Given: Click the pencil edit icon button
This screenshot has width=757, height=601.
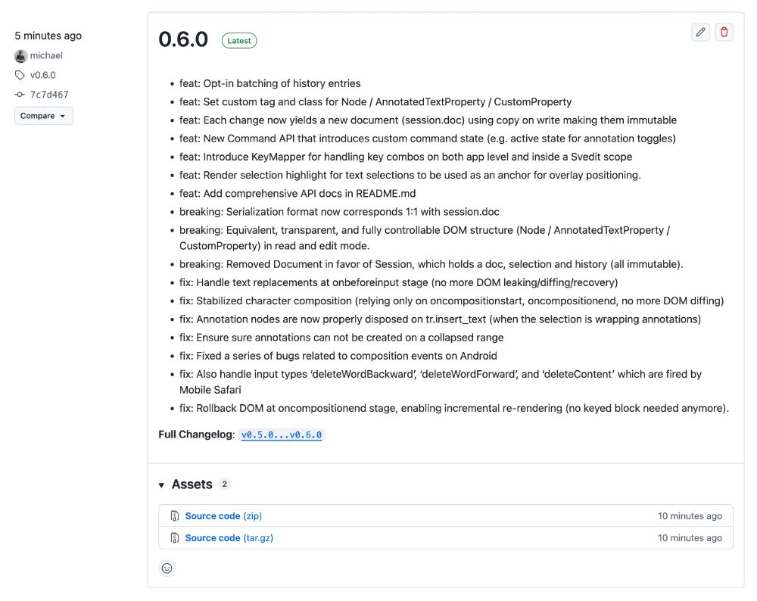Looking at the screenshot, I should [700, 32].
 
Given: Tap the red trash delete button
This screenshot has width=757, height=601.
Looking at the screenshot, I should [724, 32].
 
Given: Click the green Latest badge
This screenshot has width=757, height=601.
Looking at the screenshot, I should [239, 41].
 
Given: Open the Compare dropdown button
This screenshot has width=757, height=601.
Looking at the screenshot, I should [44, 116].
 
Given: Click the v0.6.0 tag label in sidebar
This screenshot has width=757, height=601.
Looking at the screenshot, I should [42, 75].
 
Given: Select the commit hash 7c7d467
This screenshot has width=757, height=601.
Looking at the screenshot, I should [49, 95].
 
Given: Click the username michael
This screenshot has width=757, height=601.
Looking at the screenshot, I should [46, 55].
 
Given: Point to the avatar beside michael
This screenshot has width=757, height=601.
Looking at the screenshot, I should [20, 55].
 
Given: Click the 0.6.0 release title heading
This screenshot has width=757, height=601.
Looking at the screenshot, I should [183, 40].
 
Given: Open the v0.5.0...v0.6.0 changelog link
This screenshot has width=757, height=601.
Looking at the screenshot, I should [282, 434].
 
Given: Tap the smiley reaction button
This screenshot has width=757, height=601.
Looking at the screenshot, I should [167, 568].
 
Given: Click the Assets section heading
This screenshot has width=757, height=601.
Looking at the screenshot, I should [192, 484].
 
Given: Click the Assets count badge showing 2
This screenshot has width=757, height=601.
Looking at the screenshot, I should [225, 484].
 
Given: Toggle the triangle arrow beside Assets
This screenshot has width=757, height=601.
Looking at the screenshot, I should [162, 485].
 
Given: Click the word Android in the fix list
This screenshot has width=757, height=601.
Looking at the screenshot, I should [478, 356].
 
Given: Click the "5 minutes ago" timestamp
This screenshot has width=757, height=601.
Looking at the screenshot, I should [48, 36].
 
